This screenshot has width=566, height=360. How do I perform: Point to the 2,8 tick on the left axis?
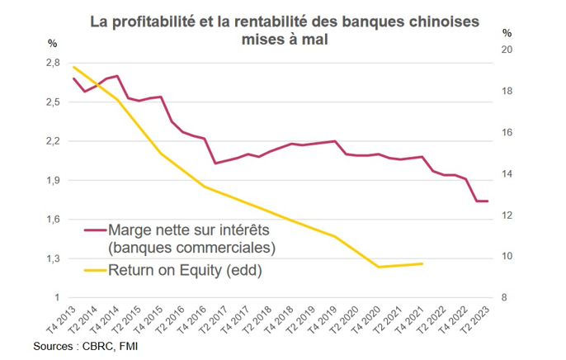[52, 63]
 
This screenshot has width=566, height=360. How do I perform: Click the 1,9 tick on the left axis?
[52, 180]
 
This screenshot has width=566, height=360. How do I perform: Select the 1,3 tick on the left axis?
[52, 258]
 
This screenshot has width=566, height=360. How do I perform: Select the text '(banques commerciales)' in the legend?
[191, 247]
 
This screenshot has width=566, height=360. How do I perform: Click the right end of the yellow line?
[423, 264]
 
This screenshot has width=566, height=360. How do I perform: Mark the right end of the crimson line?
[488, 201]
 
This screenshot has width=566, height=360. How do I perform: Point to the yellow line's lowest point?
[379, 267]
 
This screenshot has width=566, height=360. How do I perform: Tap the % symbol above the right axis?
[507, 33]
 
